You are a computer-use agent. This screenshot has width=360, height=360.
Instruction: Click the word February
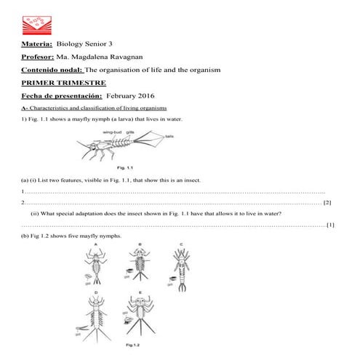[x=124, y=95]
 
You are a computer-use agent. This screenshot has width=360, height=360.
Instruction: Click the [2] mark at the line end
[x=327, y=202]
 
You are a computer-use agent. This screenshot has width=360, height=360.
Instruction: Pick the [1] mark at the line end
[x=330, y=225]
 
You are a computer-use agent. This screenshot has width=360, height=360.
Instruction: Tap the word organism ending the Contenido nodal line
[x=203, y=70]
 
